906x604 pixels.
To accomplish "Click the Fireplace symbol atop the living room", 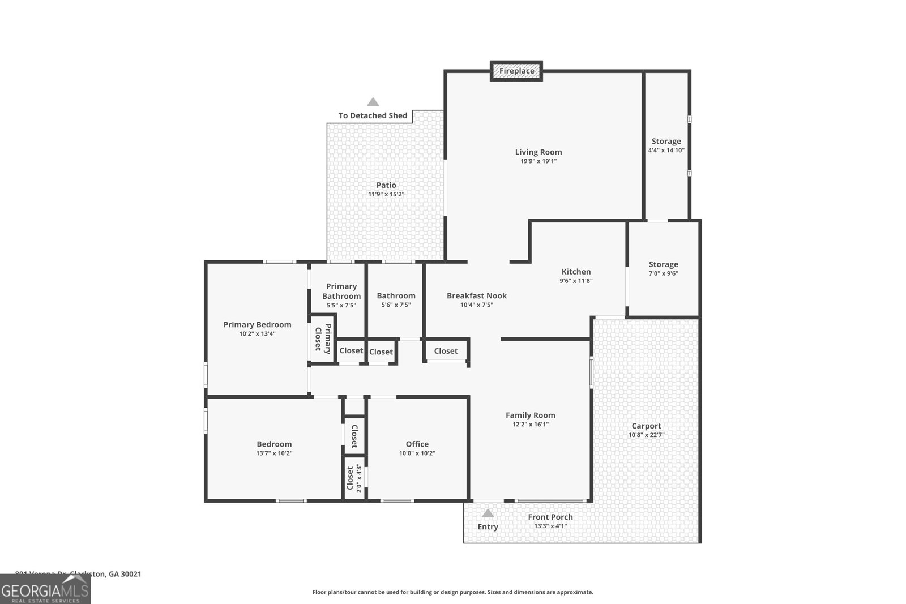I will point(516,71).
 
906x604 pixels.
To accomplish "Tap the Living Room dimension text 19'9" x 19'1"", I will point(539,161).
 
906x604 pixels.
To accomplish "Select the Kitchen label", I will point(576,272).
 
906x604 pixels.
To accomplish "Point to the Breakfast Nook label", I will point(476,295).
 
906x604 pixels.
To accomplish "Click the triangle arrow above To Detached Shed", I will point(373,102).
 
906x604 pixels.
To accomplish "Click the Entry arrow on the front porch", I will point(488,514).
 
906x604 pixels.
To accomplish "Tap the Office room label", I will point(417,444).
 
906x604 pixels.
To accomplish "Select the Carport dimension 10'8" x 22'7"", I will point(646,435).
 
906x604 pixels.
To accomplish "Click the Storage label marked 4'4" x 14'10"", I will point(666,142).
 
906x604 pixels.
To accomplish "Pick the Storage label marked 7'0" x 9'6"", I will point(663,264).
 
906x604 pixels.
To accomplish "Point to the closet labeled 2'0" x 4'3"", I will point(354,478).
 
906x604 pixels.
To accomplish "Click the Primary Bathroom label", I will point(341,291).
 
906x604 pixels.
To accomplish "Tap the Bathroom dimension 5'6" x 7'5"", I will point(396,305).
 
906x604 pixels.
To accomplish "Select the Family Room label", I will point(530,415).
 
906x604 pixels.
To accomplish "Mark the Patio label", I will point(386,185).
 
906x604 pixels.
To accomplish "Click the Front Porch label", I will point(550,517).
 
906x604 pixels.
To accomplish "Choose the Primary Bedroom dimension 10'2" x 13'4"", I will point(257,334).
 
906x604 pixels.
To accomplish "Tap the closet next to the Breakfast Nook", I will point(446,351).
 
